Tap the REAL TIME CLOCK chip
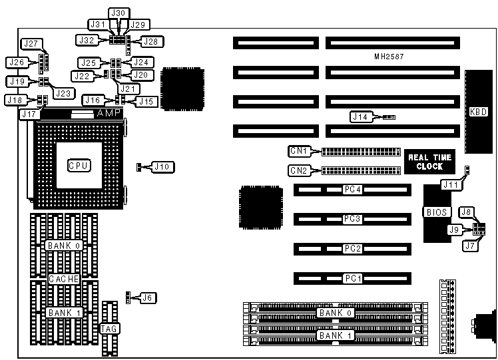(x=429, y=162)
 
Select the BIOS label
(x=437, y=212)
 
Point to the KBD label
(x=477, y=112)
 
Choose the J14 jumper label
(x=362, y=117)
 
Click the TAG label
(x=109, y=329)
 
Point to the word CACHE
(x=64, y=279)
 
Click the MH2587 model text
(x=389, y=57)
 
